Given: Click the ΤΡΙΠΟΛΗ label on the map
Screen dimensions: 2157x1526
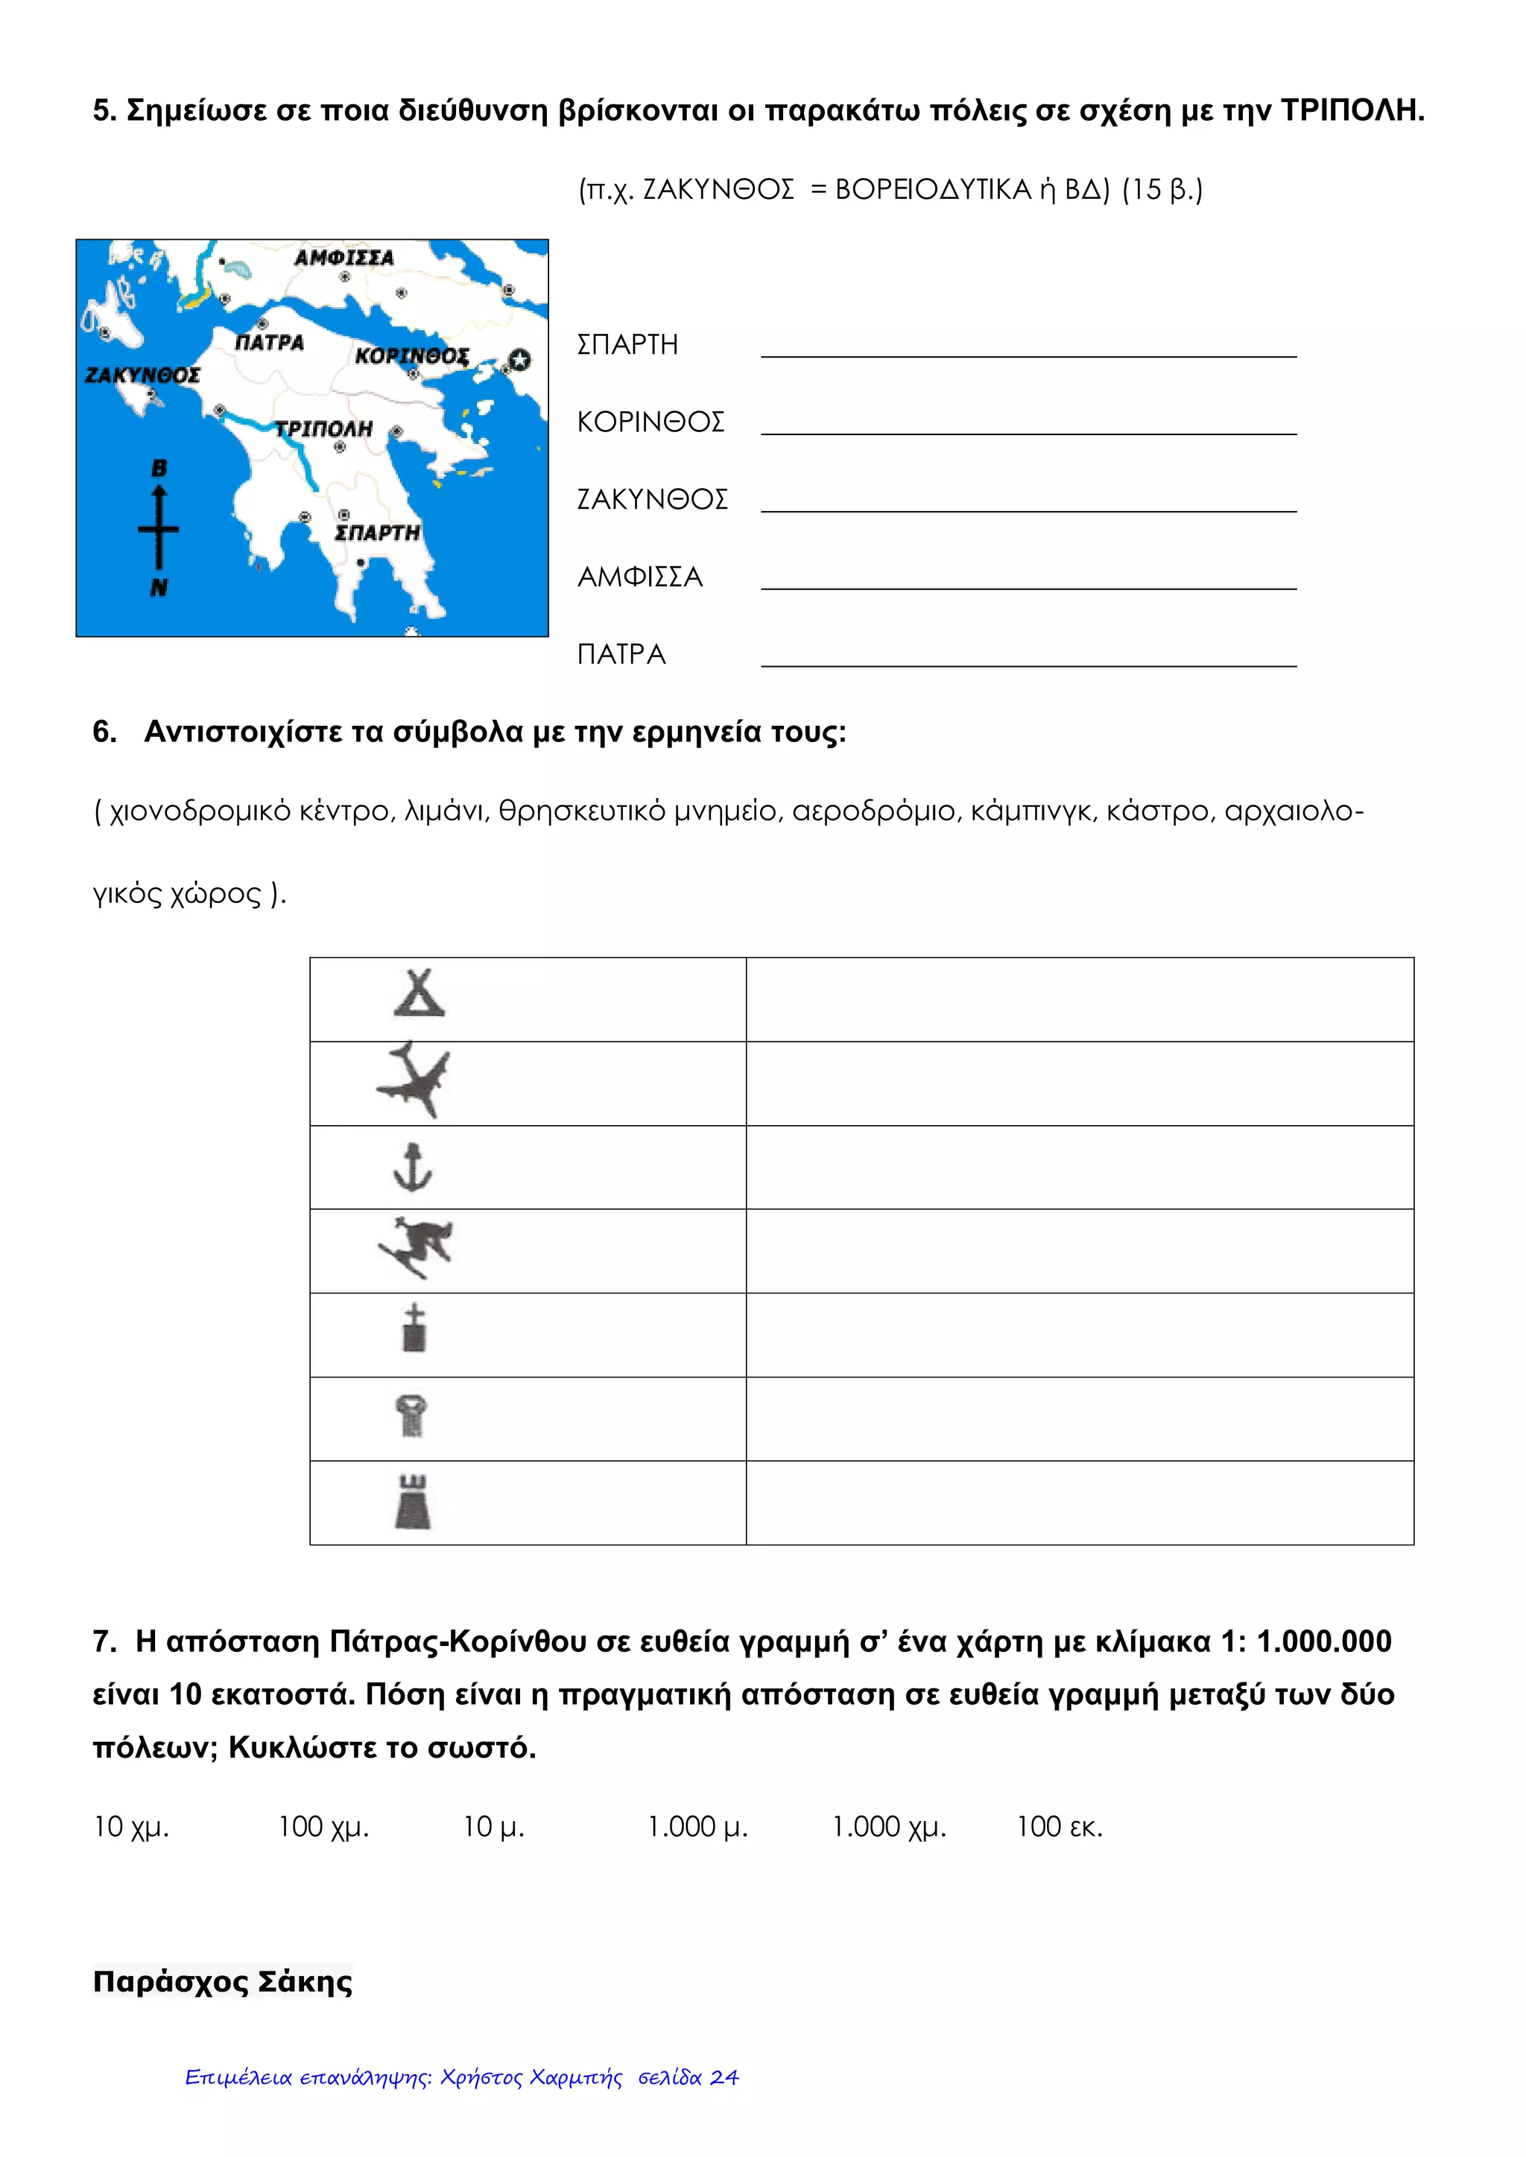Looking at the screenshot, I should pyautogui.click(x=323, y=428).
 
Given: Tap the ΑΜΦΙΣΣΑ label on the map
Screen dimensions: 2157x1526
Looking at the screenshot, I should pyautogui.click(x=344, y=257).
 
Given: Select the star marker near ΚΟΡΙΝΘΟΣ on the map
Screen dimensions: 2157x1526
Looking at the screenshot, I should pyautogui.click(x=519, y=360).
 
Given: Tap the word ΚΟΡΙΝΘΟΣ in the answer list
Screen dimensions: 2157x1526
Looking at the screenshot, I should pyautogui.click(x=650, y=422).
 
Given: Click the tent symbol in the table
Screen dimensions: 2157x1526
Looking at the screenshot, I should pyautogui.click(x=419, y=994).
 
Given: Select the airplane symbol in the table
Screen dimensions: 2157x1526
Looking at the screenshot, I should pyautogui.click(x=414, y=1080).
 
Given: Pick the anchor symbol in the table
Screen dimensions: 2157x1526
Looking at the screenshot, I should pyautogui.click(x=411, y=1167).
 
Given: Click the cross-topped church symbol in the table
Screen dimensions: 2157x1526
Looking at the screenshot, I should pyautogui.click(x=414, y=1328).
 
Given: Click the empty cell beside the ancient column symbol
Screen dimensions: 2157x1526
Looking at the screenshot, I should pyautogui.click(x=1079, y=1419).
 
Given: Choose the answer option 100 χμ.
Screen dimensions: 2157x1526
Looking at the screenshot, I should pyautogui.click(x=323, y=1826).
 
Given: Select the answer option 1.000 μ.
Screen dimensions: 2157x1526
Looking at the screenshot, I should pyautogui.click(x=697, y=1826).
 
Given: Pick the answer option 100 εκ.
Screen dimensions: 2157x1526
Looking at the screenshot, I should pyautogui.click(x=1059, y=1826).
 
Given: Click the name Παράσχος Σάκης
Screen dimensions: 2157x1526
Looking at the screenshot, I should pyautogui.click(x=223, y=1981).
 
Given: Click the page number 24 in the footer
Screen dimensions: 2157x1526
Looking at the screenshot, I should pyautogui.click(x=724, y=2077).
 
